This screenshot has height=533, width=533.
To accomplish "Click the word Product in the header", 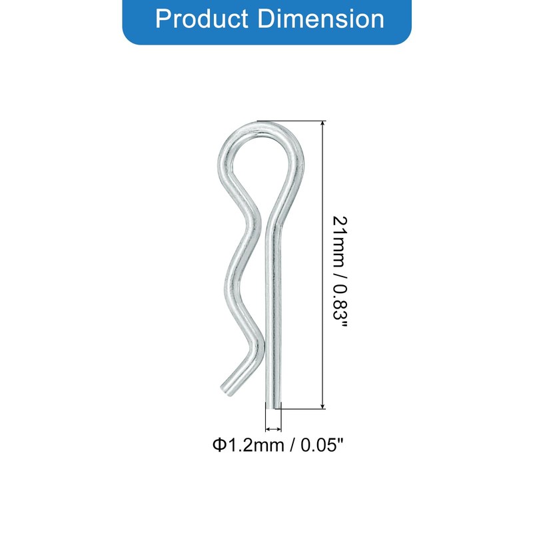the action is [202, 19].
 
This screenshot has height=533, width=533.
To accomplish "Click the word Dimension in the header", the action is [321, 19].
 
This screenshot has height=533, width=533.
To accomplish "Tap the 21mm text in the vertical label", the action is [340, 241].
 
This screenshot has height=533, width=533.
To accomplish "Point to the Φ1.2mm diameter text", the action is [248, 444].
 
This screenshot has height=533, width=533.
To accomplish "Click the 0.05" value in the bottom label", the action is [322, 444].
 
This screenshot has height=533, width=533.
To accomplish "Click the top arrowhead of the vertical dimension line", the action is [322, 124].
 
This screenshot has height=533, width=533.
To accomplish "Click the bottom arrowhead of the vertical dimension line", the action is [322, 405].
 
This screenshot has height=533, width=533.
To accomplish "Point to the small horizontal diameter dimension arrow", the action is [273, 429].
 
